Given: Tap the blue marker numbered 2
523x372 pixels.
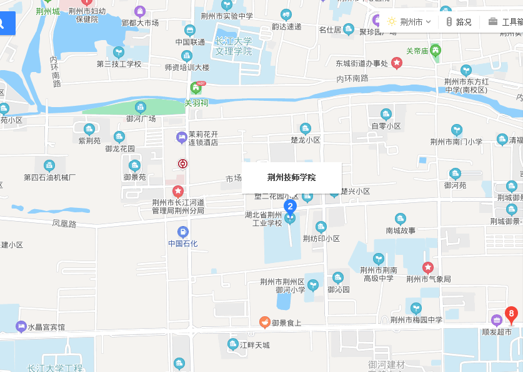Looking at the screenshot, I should coord(290,206).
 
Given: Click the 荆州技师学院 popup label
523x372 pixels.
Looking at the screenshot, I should coord(291,178).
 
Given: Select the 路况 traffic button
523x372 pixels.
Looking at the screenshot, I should coord(459,22).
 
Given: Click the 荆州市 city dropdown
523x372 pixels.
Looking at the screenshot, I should coord(409,22).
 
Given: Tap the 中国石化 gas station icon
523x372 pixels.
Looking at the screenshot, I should coord(182,231).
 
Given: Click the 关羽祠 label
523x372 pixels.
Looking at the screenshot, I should coord(196,102).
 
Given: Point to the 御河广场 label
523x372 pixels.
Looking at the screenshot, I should coord(141,118).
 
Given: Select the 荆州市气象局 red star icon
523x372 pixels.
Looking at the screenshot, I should coord(428,267).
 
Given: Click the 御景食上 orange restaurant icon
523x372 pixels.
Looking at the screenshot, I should coord(265,322).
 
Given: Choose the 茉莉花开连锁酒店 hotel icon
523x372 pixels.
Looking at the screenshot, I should coord(181,136).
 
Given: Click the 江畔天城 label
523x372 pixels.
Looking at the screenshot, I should coord(255,345).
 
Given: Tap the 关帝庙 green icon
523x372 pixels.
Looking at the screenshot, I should coord(436,51).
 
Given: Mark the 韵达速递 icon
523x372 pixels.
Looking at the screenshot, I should coord(286,14).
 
